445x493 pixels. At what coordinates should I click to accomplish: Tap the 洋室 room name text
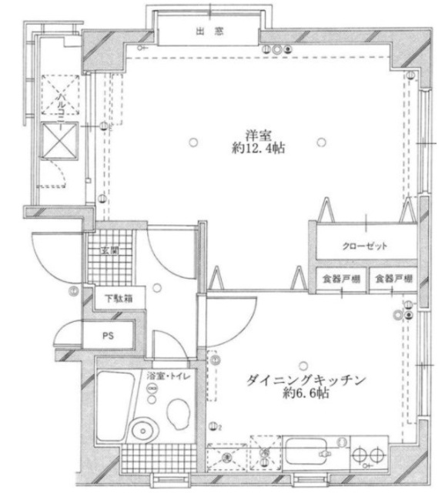[258, 132]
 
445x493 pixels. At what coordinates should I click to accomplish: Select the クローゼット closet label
[364, 246]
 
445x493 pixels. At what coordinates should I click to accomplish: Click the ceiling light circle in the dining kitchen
[306, 364]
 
